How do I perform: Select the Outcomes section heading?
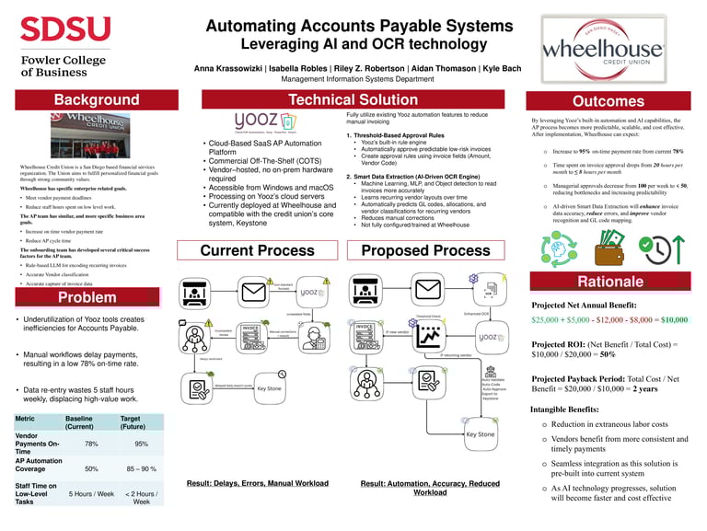(x=608, y=100)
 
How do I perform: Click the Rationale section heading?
(x=608, y=281)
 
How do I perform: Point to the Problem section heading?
(x=88, y=297)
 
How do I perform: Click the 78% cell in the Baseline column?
(x=91, y=443)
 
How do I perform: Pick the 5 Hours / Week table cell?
(x=91, y=493)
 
